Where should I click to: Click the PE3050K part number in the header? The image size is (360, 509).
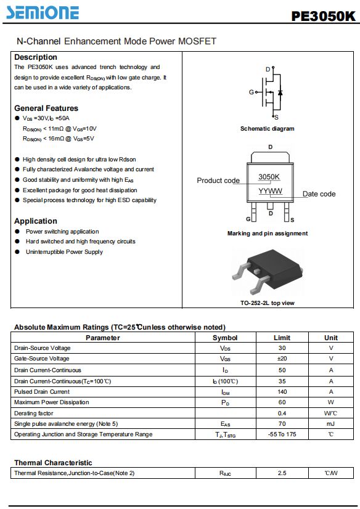tap(323, 16)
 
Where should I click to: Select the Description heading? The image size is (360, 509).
tap(36, 57)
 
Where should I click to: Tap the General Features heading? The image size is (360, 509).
tap(46, 108)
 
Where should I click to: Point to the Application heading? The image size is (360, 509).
tap(36, 221)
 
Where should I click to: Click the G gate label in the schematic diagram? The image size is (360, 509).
tap(252, 92)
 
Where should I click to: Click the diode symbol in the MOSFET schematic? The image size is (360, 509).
tap(280, 93)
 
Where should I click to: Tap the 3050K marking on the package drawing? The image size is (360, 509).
tap(269, 177)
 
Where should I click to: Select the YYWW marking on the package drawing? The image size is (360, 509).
tap(271, 191)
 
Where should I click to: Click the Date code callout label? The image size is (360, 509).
tap(319, 194)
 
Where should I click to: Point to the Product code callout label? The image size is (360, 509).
tap(218, 181)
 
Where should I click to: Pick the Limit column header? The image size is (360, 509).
tap(282, 338)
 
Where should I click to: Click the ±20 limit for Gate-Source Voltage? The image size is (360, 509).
tap(282, 359)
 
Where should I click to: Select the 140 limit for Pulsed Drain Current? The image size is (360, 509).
tap(282, 392)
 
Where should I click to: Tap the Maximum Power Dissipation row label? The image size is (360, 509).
tap(52, 402)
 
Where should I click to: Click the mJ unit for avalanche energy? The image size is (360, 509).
tap(331, 423)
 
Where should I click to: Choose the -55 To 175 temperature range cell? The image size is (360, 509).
tap(282, 434)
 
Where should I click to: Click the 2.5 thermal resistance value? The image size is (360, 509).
tap(282, 473)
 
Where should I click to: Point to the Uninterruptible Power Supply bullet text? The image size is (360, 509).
tap(64, 252)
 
